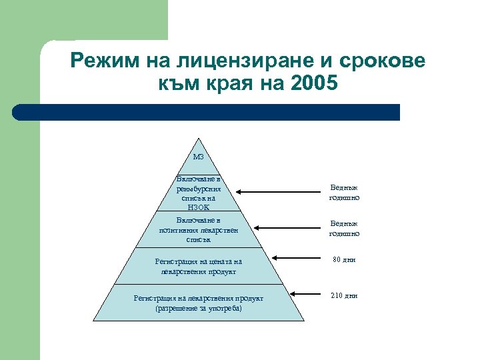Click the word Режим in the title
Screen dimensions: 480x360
point(99,61)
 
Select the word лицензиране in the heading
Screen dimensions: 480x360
point(225,61)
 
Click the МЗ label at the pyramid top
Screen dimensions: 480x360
point(198,158)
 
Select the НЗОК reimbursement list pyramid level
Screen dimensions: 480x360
point(198,193)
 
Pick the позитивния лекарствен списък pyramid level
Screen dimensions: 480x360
point(198,229)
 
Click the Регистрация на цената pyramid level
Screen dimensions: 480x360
point(198,267)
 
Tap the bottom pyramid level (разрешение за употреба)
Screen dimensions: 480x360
point(198,303)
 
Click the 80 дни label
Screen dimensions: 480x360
point(344,259)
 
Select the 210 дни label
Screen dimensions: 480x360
point(344,295)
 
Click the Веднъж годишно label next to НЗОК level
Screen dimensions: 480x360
point(344,193)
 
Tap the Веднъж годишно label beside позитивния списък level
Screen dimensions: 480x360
point(344,229)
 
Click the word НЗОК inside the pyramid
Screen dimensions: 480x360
point(198,207)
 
